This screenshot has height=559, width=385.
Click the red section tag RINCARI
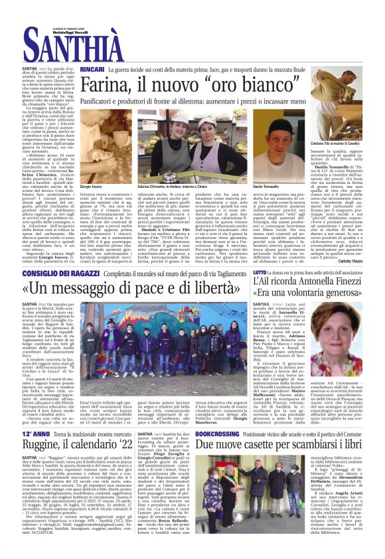pos(92,69)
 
